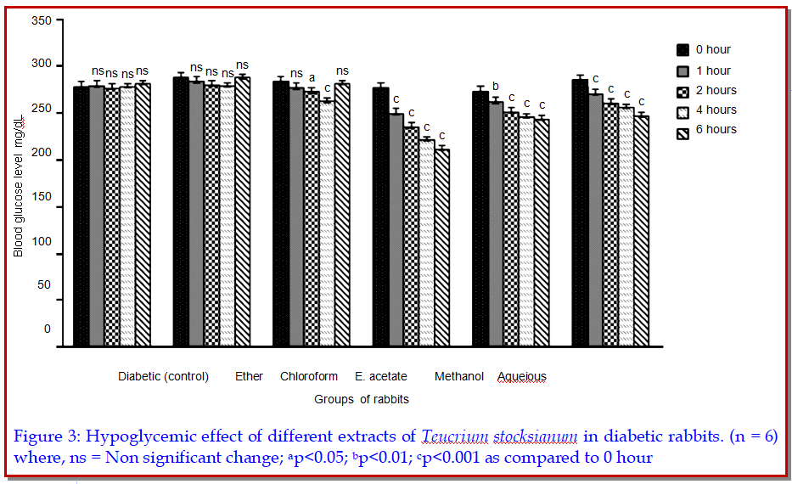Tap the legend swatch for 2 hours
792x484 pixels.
tap(682, 91)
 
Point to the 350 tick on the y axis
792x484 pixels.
tap(41, 20)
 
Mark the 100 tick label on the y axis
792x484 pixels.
tap(41, 241)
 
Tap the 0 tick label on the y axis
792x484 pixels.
tap(47, 329)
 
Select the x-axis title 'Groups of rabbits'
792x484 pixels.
tap(362, 399)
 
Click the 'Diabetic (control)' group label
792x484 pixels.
tap(163, 376)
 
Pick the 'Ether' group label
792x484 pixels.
tap(250, 376)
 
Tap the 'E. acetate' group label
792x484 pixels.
tap(381, 376)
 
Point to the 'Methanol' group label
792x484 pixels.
tap(459, 376)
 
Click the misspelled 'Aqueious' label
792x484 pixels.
tap(522, 377)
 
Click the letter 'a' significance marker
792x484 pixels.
tap(312, 77)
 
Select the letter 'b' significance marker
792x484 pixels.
tap(495, 86)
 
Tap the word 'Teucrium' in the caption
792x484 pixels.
tap(453, 436)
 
